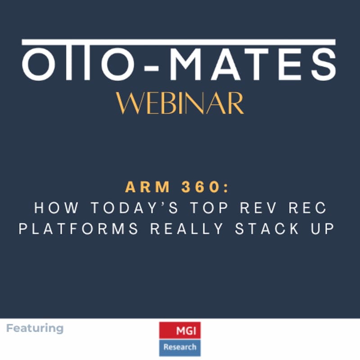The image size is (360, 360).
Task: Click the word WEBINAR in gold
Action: pyautogui.click(x=180, y=104)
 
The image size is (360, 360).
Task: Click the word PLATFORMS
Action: pyautogui.click(x=78, y=229)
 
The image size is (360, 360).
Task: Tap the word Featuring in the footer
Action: pyautogui.click(x=35, y=328)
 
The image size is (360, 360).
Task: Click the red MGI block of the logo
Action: pyautogui.click(x=180, y=330)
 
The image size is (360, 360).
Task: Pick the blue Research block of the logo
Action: pyautogui.click(x=180, y=347)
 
